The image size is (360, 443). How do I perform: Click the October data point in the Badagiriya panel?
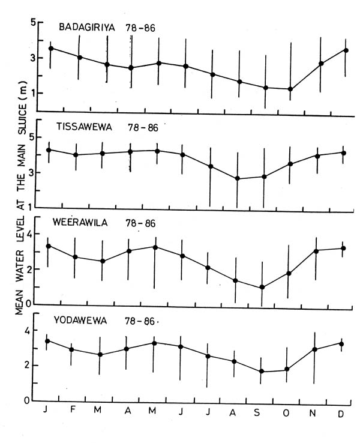pos(291,89)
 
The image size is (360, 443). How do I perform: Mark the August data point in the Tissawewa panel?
pos(238,178)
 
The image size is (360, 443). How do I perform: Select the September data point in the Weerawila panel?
pos(262,287)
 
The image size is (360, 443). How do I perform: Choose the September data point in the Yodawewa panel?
pos(262,371)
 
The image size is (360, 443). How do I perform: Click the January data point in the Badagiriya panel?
pos(51,48)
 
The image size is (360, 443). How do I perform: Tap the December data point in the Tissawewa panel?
pos(343,152)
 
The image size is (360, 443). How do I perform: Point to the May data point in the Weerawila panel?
pos(155,247)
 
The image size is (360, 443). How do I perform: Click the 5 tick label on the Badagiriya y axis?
pos(34,23)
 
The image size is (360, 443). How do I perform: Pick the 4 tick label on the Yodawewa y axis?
pos(26,330)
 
